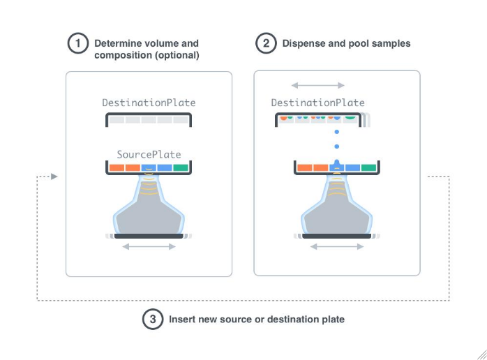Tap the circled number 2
coord(265,44)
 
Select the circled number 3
coord(152,320)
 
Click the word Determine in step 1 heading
coord(117,43)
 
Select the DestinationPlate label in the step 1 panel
coord(149,103)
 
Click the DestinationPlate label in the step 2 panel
coord(317,103)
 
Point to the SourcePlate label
coord(149,154)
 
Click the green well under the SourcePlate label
coord(181,167)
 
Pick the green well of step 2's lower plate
coord(368,167)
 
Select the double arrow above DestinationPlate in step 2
coord(317,85)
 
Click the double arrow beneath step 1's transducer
coord(149,246)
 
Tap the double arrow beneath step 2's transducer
coord(336,246)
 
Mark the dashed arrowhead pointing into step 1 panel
coord(54,177)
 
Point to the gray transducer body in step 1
coord(149,216)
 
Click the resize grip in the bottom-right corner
coord(481,354)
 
